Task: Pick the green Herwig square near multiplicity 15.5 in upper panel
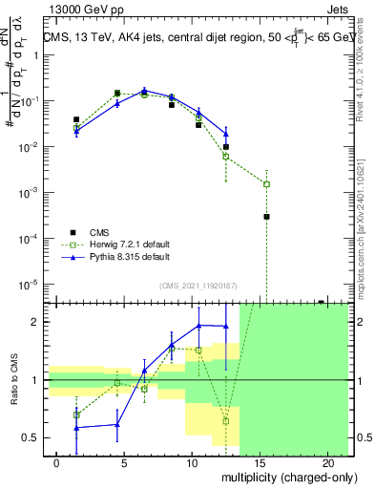click(x=267, y=184)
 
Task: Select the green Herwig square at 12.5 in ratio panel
click(x=226, y=421)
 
